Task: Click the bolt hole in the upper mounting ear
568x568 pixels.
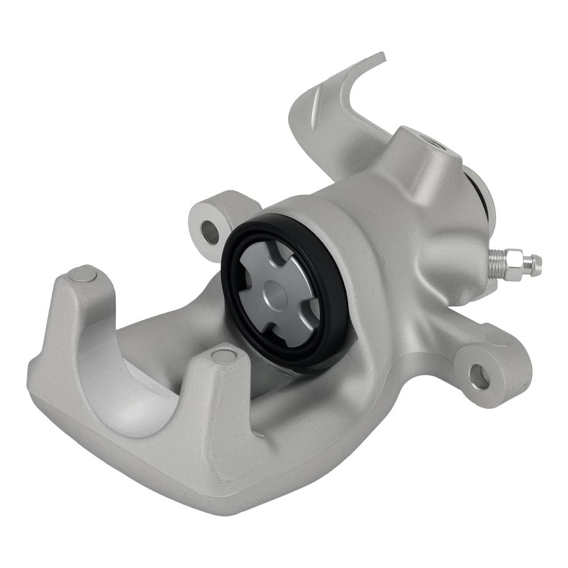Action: pyautogui.click(x=210, y=232)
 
